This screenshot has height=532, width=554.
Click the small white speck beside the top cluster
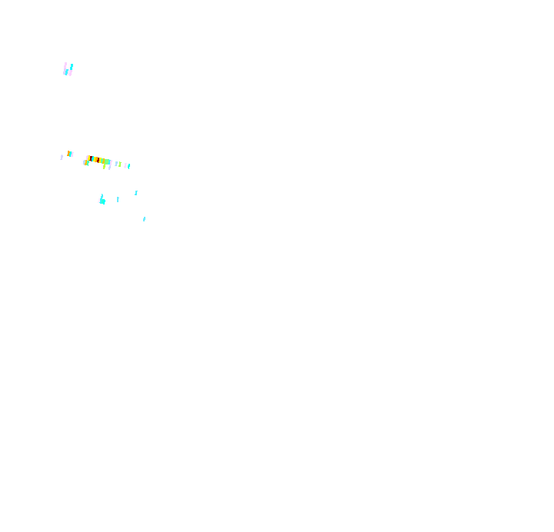click(60, 71)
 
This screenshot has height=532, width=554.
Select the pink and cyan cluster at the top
click(68, 70)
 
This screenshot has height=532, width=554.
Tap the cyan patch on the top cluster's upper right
click(72, 66)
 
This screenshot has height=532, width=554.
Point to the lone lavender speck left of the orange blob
click(62, 157)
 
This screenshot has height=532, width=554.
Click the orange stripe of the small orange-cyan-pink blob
click(68, 153)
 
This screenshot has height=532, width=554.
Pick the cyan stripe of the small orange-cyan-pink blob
click(71, 154)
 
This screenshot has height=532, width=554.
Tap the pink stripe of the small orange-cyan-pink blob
click(72, 155)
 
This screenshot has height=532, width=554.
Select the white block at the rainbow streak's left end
click(82, 161)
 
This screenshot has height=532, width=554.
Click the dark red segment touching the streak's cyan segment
click(91, 158)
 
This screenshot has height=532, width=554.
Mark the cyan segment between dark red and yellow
click(92, 158)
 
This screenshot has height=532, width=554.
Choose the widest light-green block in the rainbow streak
click(107, 161)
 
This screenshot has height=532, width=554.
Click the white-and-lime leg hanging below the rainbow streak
click(103, 166)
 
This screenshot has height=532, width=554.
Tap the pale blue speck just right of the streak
click(116, 164)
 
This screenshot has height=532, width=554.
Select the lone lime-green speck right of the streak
click(120, 165)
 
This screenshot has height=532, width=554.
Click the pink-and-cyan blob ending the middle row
click(127, 165)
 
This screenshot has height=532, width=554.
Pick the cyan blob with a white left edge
click(102, 201)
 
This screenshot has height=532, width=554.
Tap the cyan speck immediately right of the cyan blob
click(118, 199)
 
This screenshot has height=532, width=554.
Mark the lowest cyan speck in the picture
click(144, 219)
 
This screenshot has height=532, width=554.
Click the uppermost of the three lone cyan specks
click(136, 193)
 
